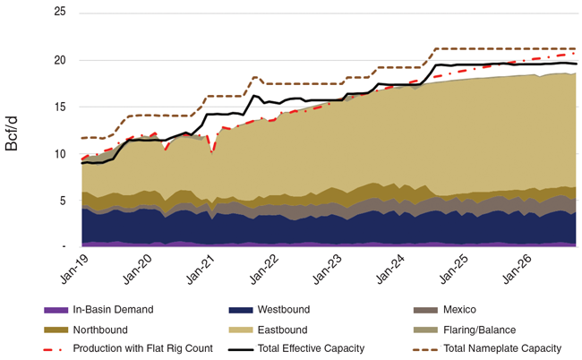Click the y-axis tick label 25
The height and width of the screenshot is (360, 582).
[x=59, y=13]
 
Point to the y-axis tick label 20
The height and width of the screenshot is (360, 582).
[x=59, y=60]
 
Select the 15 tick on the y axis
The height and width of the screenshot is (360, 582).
[x=59, y=107]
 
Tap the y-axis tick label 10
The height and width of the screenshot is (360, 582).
[x=59, y=153]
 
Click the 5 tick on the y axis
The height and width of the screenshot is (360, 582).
[x=62, y=200]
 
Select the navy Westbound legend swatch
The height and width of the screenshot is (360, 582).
[x=238, y=310]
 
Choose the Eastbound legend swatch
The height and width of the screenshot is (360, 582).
[x=238, y=329]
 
